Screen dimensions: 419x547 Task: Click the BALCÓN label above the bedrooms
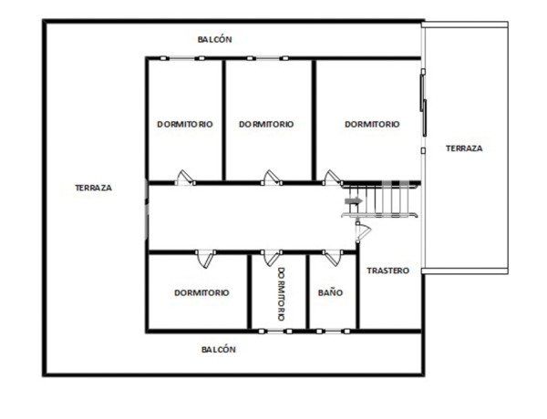point(215,39)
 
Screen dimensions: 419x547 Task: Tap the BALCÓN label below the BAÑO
point(218,349)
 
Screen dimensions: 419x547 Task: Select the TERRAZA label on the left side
point(93,188)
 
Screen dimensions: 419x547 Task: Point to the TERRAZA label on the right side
point(463,148)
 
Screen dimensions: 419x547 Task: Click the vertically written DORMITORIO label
point(281,293)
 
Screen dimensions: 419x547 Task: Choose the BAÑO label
point(330,293)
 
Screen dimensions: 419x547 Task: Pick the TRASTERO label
point(387,271)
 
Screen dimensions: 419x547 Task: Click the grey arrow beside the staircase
point(352,200)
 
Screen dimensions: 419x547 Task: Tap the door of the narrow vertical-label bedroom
point(271,260)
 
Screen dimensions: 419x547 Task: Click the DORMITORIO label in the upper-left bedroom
point(184,125)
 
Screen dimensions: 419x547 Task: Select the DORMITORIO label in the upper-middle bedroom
point(266,125)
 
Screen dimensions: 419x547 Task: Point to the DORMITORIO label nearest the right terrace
point(372,125)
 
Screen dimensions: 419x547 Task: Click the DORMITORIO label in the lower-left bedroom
point(201,293)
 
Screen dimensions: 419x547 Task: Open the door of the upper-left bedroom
point(185,177)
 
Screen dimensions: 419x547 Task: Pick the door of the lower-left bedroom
point(207,260)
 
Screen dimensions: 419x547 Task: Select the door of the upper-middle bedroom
point(270,177)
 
